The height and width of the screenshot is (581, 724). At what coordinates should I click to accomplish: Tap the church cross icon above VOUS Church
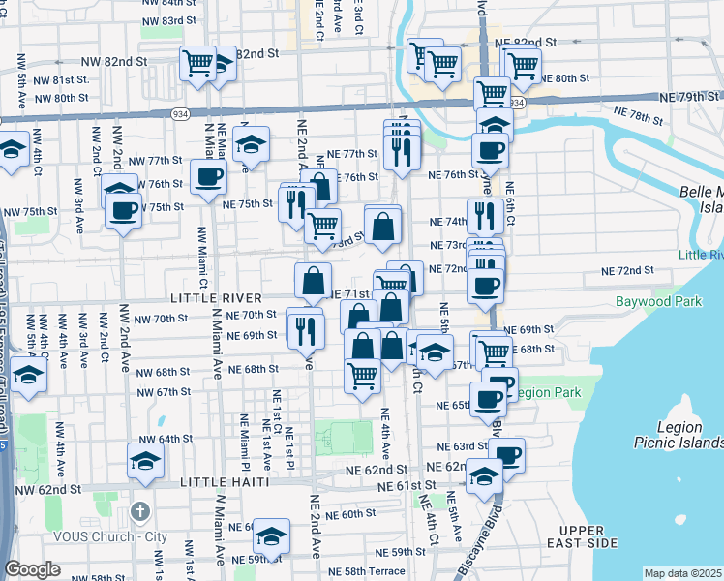[x=139, y=510]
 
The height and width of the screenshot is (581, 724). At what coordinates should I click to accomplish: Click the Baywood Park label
[x=658, y=302]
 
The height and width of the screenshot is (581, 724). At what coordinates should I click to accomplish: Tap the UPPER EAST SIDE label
[x=588, y=536]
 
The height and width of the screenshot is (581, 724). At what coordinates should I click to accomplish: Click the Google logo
[x=31, y=569]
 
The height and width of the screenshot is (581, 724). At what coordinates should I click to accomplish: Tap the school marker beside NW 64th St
[x=144, y=462]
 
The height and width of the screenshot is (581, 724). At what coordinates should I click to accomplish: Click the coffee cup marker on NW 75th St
[x=124, y=210]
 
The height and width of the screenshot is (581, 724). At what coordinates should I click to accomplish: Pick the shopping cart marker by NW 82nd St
[x=198, y=64]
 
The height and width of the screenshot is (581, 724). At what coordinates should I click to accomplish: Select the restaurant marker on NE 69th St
[x=305, y=329]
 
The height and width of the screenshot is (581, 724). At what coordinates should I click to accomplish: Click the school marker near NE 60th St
[x=274, y=536]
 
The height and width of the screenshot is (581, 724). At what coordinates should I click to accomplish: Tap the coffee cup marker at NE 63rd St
[x=506, y=455]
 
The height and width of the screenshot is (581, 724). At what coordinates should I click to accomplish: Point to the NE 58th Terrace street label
[x=367, y=573]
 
